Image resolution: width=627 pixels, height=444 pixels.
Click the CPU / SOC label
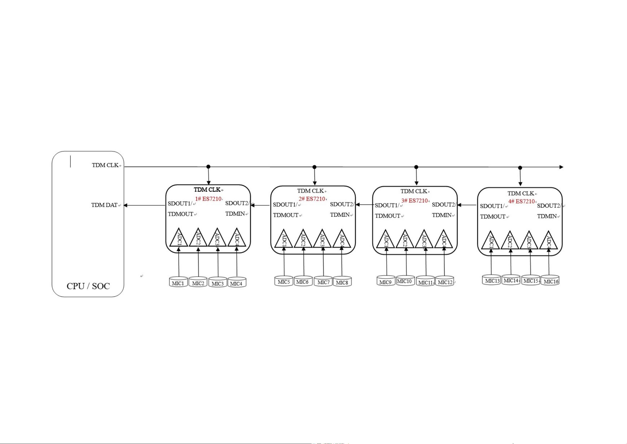[x=88, y=286]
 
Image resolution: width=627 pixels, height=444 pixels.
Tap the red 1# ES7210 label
[x=208, y=199]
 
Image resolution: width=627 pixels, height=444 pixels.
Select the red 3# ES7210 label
[x=414, y=201]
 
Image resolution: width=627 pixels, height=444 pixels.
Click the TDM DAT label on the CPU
[x=104, y=205]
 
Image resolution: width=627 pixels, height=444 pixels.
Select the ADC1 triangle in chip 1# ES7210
[x=179, y=238]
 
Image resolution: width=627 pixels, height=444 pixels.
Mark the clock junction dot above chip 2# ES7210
[x=314, y=167]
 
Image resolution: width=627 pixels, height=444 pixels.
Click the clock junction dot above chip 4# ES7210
[x=520, y=168]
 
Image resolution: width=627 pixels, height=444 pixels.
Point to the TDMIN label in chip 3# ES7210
[x=442, y=215]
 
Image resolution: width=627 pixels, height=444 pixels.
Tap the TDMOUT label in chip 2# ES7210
[x=286, y=215]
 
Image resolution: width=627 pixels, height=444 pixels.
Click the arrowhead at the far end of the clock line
[x=561, y=167]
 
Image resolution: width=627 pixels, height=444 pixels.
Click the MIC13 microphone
[x=491, y=280]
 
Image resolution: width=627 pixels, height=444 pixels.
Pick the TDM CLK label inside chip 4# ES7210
[x=520, y=193]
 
